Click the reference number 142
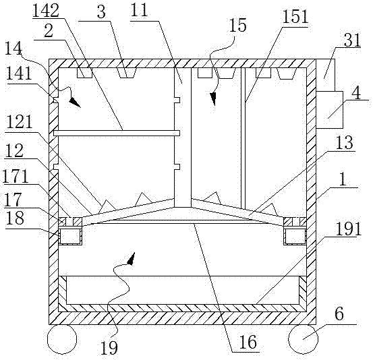[x=46, y=11]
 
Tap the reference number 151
[x=295, y=17]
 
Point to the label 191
[x=348, y=229]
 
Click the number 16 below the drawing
[x=248, y=342]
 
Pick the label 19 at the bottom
[x=109, y=348]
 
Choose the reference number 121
[x=20, y=122]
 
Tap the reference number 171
[x=16, y=176]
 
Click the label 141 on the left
[x=19, y=73]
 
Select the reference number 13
[x=345, y=142]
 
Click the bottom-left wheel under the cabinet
[x=62, y=339]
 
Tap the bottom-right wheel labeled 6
[x=303, y=339]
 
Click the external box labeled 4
[x=329, y=110]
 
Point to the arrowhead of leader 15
[x=213, y=98]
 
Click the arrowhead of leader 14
[x=75, y=102]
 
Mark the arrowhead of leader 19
[x=131, y=259]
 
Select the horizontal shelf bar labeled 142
[x=117, y=133]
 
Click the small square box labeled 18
[x=70, y=236]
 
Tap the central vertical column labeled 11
[x=183, y=138]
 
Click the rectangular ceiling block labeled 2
[x=84, y=73]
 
